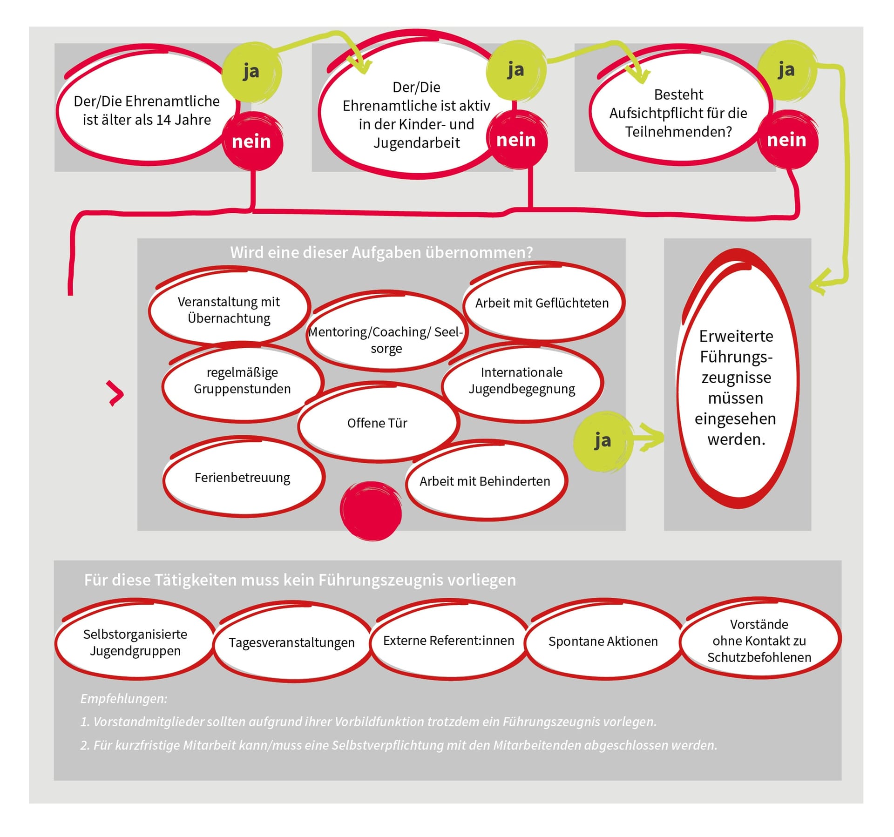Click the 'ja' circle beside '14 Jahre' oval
[x=251, y=72]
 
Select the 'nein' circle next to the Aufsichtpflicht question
[x=786, y=140]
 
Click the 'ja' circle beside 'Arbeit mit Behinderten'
[x=603, y=441]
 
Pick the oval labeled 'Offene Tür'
[x=378, y=422]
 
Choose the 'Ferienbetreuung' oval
[x=243, y=478]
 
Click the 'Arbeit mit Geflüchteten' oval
[x=542, y=303]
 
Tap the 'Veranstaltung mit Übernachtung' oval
[x=229, y=310]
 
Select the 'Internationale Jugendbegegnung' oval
[x=522, y=380]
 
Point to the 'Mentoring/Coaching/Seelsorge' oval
[x=386, y=340]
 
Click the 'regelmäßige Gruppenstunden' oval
[x=243, y=380]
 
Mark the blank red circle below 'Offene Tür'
[x=371, y=511]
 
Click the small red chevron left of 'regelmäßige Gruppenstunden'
[x=116, y=393]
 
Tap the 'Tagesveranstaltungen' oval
[x=292, y=642]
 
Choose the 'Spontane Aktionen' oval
[x=603, y=641]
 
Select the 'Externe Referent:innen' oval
[x=448, y=640]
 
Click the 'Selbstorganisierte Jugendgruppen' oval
[x=135, y=642]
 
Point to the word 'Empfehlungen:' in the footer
[x=124, y=698]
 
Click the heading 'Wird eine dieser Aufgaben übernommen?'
[x=381, y=252]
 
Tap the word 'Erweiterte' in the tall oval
[x=736, y=336]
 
